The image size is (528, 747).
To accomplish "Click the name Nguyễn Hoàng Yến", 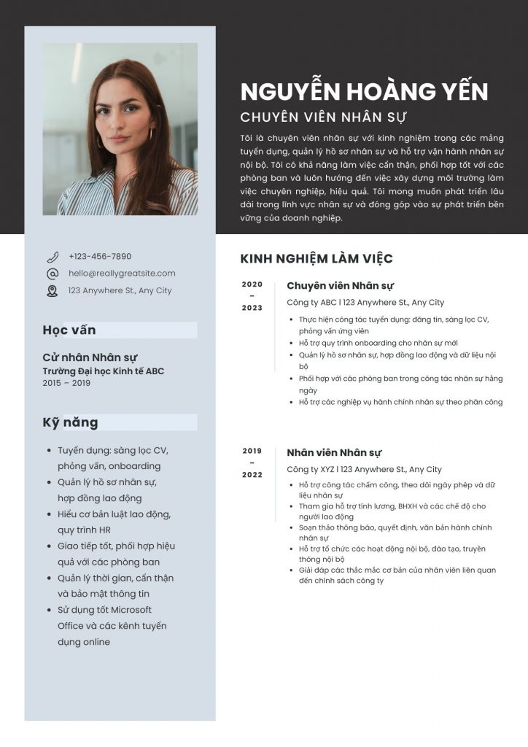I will click(364, 91).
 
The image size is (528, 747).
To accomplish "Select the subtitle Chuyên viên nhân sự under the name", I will click(323, 117).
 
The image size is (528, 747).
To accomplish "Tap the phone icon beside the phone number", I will click(53, 257).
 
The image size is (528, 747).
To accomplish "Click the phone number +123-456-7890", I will click(100, 257).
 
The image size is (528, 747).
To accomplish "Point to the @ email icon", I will click(53, 274).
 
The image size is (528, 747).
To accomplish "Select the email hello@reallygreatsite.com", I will click(122, 274).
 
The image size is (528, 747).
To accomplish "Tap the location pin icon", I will click(53, 290).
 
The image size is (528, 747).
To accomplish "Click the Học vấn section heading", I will click(69, 330).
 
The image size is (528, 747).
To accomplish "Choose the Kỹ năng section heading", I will click(70, 422).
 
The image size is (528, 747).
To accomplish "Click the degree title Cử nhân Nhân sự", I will click(90, 357).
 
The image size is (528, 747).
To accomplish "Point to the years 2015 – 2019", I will click(66, 383).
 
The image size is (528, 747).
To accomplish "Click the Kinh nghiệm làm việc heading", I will click(317, 259).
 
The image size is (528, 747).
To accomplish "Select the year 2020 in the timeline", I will click(252, 285).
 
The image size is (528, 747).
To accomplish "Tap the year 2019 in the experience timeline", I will click(252, 451).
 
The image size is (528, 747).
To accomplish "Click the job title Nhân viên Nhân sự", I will click(334, 453).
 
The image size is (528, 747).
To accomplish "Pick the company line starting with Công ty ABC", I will click(365, 303).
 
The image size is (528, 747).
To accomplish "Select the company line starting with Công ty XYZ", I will click(364, 470).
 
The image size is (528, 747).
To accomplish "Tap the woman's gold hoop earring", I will click(152, 134).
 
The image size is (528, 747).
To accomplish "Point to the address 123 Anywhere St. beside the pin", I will click(120, 290).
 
